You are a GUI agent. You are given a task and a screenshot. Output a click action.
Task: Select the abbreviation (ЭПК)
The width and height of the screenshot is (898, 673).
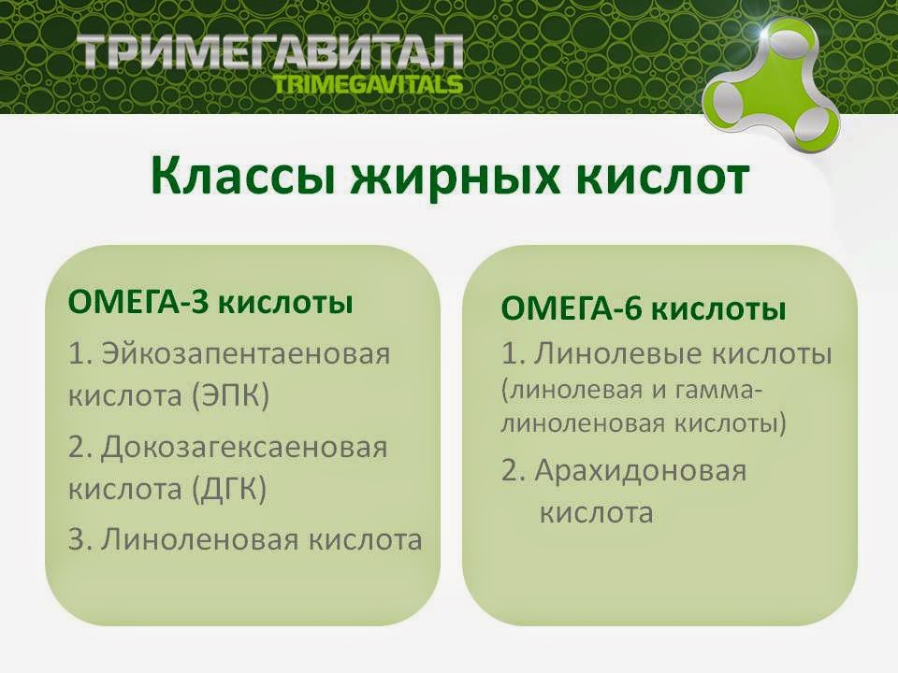230,396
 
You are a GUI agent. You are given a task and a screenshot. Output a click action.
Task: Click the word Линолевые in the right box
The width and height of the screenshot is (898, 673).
616,355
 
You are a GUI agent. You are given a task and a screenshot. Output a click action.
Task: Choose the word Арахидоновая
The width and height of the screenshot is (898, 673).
641,470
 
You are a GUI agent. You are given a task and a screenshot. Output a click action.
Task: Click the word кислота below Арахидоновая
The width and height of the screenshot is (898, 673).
596,513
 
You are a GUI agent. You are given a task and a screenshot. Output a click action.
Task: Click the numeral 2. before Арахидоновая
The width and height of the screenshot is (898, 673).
513,470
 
